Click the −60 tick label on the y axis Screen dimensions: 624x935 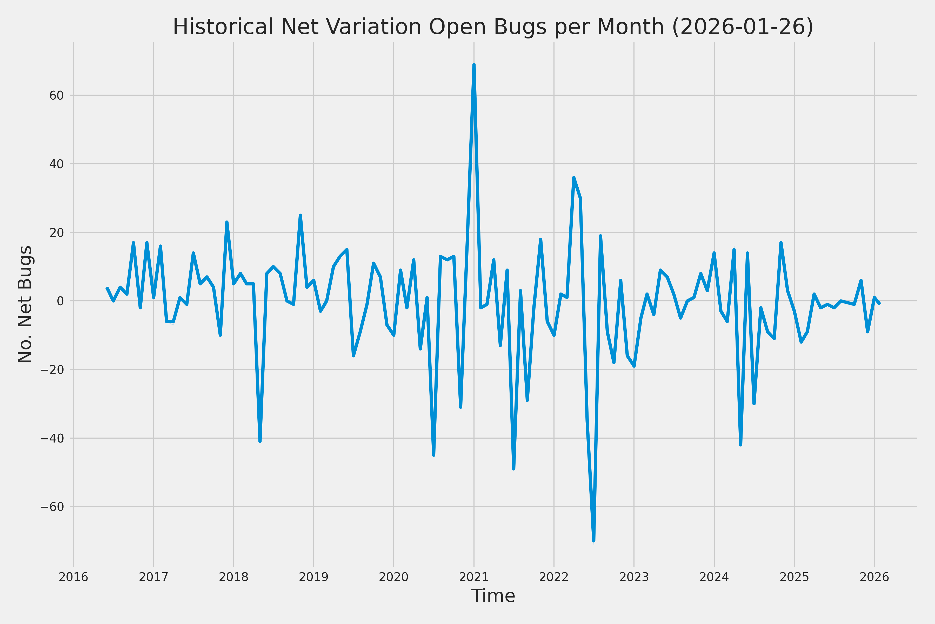(x=52, y=506)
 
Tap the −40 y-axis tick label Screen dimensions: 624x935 (x=52, y=438)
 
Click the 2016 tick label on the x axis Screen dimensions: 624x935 (x=74, y=577)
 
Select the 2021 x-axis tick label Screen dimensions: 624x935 (x=474, y=577)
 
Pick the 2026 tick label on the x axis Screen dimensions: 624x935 (x=874, y=577)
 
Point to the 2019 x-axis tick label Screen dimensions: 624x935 (x=314, y=577)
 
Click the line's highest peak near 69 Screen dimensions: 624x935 (x=474, y=64)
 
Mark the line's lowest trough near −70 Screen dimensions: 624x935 (x=593, y=541)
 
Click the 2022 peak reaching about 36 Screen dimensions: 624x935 (x=574, y=178)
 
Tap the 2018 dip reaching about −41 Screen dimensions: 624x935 (x=260, y=441)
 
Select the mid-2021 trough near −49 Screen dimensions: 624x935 (x=514, y=469)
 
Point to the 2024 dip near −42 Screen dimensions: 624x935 (x=741, y=445)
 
